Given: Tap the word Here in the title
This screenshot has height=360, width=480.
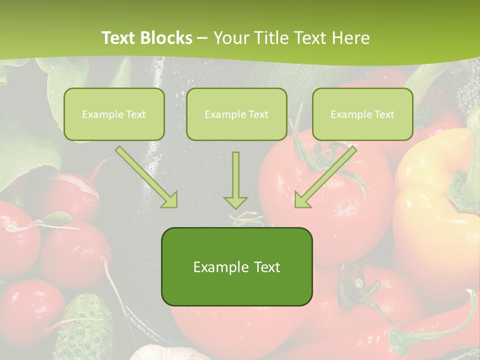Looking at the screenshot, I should pos(351,38).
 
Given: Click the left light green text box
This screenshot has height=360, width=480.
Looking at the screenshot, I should pos(114,114).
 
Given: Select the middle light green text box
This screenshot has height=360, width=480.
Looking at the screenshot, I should pos(236,114).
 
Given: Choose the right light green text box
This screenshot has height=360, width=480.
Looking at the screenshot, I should pos(362,114).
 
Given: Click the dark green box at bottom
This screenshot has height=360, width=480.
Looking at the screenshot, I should pos(236,267).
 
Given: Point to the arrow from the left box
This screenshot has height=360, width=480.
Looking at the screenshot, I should pos(146,177).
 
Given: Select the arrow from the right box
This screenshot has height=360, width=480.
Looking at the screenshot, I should pos(325,177).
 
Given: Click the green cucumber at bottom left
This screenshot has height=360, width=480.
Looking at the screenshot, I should pos(80,325).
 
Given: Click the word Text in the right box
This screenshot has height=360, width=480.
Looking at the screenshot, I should pos(384,114).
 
